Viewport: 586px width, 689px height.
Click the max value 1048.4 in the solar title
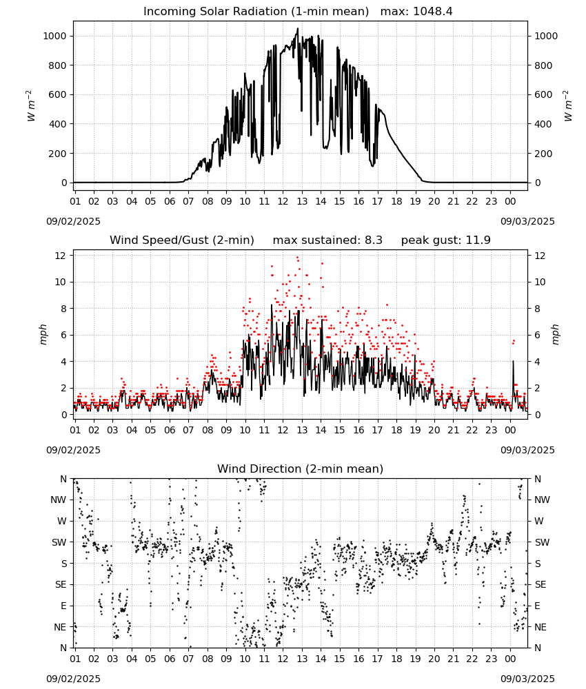[x=432, y=11]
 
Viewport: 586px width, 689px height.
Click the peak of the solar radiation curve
[x=298, y=28]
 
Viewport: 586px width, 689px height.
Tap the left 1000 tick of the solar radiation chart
[x=55, y=36]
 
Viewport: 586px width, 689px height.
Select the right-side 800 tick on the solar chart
[x=543, y=65]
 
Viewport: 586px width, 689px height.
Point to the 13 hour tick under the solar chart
[x=302, y=201]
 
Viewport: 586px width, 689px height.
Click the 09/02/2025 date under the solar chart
[x=73, y=221]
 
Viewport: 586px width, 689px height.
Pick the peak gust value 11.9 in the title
[x=478, y=240]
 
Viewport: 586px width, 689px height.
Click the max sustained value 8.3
[x=373, y=240]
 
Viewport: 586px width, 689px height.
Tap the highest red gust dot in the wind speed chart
[x=298, y=258]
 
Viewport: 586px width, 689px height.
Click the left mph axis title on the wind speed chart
[x=43, y=334]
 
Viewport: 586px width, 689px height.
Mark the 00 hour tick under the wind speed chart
[x=510, y=430]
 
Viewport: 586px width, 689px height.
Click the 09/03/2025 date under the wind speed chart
[x=527, y=450]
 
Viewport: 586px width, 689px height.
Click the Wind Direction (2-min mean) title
[x=301, y=469]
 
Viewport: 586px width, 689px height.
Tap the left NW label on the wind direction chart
[x=59, y=500]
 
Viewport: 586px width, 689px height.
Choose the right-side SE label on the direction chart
[x=540, y=584]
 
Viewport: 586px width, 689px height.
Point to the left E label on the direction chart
[x=63, y=606]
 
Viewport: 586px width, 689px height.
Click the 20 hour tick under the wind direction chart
[x=434, y=659]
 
